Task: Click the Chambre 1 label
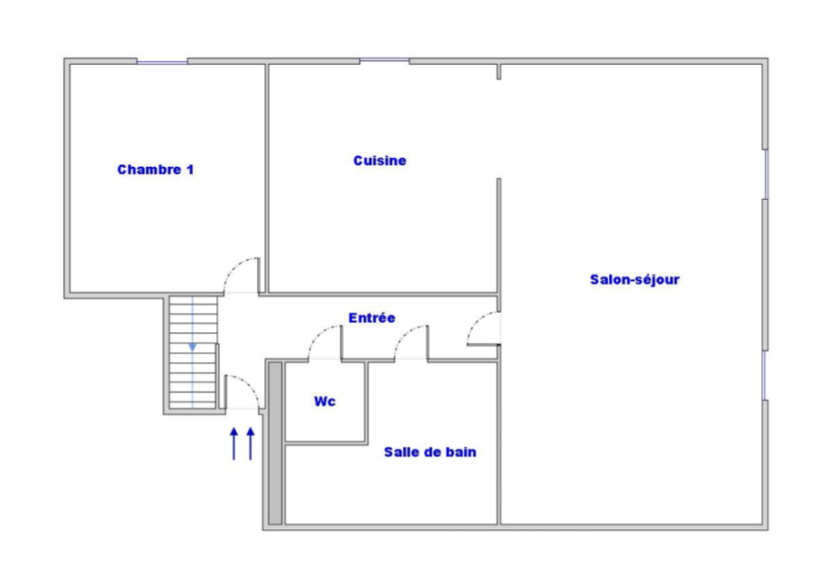pyautogui.click(x=155, y=170)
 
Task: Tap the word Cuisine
pyautogui.click(x=380, y=161)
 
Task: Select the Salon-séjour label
pyautogui.click(x=634, y=279)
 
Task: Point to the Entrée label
pyautogui.click(x=372, y=317)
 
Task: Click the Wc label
pyautogui.click(x=325, y=400)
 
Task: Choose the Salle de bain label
pyautogui.click(x=430, y=452)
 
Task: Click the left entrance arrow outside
pyautogui.click(x=233, y=443)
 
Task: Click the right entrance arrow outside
pyautogui.click(x=251, y=443)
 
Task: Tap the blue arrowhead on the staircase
pyautogui.click(x=192, y=347)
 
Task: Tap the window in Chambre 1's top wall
pyautogui.click(x=162, y=62)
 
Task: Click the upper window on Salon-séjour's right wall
pyautogui.click(x=766, y=174)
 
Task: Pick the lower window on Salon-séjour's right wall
pyautogui.click(x=765, y=375)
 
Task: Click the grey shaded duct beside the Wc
pyautogui.click(x=274, y=443)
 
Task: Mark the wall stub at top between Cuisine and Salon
pyautogui.click(x=499, y=72)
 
